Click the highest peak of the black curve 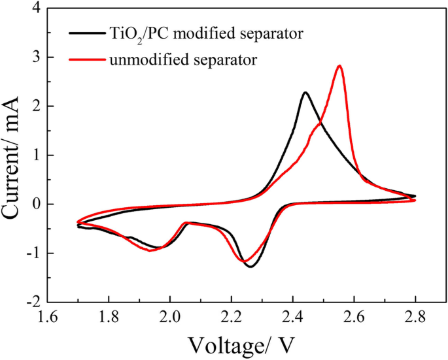(x=305, y=93)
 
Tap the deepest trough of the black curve (x=250, y=266)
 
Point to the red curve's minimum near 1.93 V (x=150, y=250)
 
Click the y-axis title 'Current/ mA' (x=18, y=155)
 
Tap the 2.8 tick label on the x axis (x=415, y=318)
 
